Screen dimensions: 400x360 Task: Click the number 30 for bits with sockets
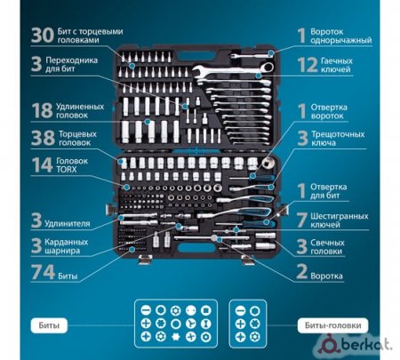(43, 36)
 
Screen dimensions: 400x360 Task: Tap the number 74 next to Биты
(43, 272)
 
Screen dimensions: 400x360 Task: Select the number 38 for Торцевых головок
(43, 138)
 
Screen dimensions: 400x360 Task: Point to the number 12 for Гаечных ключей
(308, 65)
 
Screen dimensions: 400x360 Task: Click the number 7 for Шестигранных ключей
(302, 220)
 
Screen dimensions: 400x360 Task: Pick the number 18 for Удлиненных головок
(42, 110)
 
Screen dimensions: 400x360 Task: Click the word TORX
(67, 170)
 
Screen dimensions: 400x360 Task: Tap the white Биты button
(49, 325)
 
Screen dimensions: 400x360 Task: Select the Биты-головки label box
(333, 325)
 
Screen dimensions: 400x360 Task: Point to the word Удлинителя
(68, 223)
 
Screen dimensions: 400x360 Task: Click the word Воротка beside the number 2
(326, 276)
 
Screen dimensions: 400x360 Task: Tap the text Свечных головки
(327, 247)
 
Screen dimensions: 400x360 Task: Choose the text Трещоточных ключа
(338, 139)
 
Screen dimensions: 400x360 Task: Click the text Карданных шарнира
(67, 246)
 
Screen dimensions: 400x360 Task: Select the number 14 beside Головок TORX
(42, 165)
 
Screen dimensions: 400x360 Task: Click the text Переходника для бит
(71, 64)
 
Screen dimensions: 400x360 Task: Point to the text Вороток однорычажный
(340, 36)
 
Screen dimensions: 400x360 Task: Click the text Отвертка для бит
(328, 191)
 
